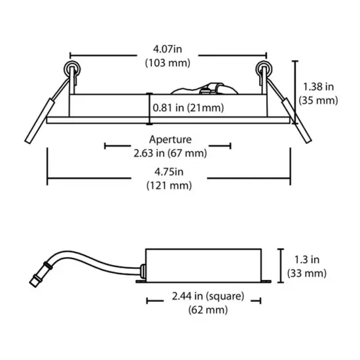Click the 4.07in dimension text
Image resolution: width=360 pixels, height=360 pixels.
[168, 49]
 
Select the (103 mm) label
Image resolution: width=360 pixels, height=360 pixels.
[168, 63]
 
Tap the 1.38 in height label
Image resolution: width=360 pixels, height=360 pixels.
[318, 87]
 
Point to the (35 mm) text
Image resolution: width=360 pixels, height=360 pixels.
[318, 101]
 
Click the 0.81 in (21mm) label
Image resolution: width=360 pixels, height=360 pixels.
[189, 108]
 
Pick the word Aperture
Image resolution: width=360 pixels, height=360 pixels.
[170, 139]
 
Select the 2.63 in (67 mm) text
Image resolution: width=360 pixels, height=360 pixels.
[170, 153]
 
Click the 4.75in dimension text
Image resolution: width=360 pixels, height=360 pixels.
[169, 171]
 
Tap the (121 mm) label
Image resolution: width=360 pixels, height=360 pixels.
[169, 185]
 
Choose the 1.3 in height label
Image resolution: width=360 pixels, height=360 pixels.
[307, 260]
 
